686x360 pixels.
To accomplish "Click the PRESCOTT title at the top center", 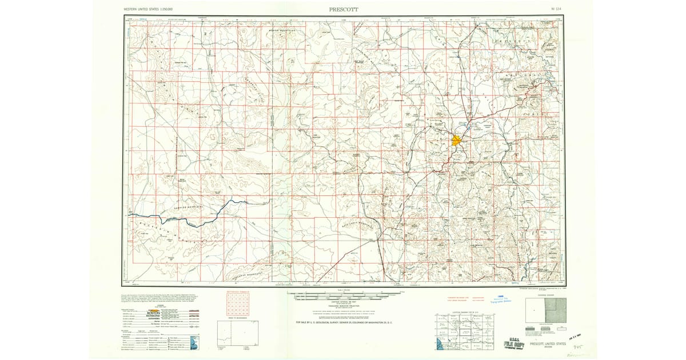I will pos(344,9).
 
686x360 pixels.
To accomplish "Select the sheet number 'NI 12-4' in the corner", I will pos(557,10).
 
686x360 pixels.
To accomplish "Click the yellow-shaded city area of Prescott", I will pos(457,140).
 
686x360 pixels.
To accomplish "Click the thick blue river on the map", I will pos(189,213).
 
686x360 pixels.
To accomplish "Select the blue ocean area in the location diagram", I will pos(439,342).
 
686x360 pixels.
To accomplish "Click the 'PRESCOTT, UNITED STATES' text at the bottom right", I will pos(547,344).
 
